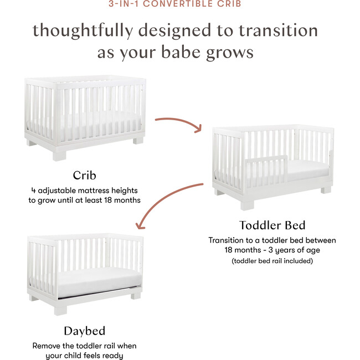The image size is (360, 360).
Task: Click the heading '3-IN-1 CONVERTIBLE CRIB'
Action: tap(179, 4)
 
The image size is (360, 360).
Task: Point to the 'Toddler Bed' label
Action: tap(272, 225)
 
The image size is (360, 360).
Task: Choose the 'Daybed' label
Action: tap(84, 331)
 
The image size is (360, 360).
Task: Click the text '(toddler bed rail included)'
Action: tap(272, 260)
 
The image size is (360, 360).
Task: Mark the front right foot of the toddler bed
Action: tap(326, 189)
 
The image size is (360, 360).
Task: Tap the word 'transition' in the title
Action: tap(282, 31)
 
